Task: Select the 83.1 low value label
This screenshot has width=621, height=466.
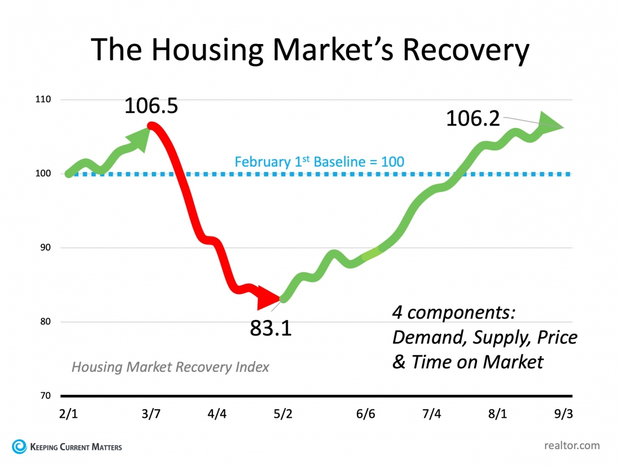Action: point(271,328)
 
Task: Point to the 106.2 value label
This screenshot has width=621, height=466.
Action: point(473,118)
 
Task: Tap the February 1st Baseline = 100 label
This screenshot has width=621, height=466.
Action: point(319,162)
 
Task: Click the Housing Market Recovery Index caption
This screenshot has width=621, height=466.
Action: point(170,366)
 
